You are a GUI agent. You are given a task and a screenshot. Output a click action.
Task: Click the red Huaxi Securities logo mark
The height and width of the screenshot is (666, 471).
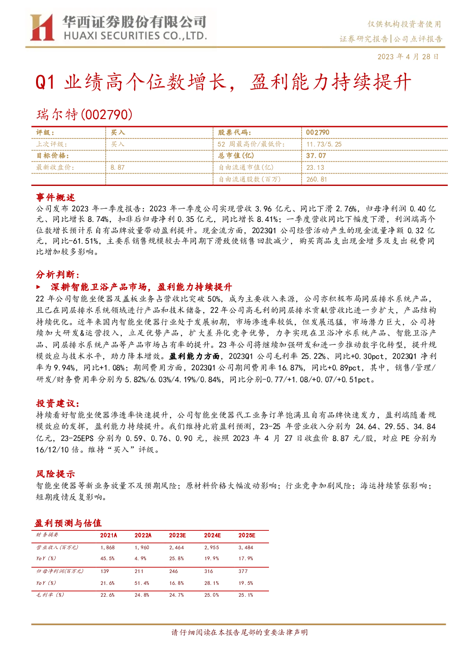[x=42, y=27]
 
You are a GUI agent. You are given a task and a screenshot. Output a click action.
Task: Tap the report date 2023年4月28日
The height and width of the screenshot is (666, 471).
[x=408, y=56]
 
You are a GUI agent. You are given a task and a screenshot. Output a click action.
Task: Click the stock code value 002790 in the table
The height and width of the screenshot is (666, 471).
[x=318, y=132]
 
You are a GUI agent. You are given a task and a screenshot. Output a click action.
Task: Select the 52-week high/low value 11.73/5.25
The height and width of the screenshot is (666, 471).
[x=324, y=144]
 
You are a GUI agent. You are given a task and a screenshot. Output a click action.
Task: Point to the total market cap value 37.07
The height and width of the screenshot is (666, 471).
[x=316, y=156]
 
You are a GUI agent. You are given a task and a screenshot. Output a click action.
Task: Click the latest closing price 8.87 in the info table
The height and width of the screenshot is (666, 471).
[x=118, y=167]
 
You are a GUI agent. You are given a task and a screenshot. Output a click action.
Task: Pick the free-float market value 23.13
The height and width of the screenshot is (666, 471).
[x=315, y=167]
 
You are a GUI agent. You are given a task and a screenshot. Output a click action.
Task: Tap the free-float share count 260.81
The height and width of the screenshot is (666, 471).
[x=316, y=179]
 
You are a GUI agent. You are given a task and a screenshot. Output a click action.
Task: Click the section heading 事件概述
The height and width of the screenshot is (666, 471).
[x=55, y=197]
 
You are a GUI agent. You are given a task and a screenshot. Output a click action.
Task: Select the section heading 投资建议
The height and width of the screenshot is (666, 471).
[x=58, y=404]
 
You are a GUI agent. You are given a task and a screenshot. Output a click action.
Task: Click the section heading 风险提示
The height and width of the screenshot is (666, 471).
[x=55, y=474]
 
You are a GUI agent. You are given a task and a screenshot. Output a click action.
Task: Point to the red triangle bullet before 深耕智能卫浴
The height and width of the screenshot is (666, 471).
[x=38, y=287]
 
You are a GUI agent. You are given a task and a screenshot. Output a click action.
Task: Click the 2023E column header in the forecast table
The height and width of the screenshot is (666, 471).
[x=177, y=535]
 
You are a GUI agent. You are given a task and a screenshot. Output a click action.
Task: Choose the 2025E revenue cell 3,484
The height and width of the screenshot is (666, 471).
[x=246, y=547]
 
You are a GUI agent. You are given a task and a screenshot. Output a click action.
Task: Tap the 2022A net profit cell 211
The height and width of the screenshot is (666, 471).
[x=139, y=571]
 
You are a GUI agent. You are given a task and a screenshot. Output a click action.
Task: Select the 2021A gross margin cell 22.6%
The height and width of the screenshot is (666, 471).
[x=107, y=595]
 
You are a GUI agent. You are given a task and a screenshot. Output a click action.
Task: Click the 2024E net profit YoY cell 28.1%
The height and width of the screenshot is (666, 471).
[x=212, y=583]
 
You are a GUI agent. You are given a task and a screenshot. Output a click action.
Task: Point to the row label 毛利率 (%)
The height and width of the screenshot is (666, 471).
[x=50, y=595]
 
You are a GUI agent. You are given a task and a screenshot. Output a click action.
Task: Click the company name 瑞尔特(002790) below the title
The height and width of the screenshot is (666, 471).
[x=84, y=115]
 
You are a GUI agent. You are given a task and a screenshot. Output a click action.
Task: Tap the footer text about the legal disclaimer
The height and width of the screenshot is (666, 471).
[x=240, y=632]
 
